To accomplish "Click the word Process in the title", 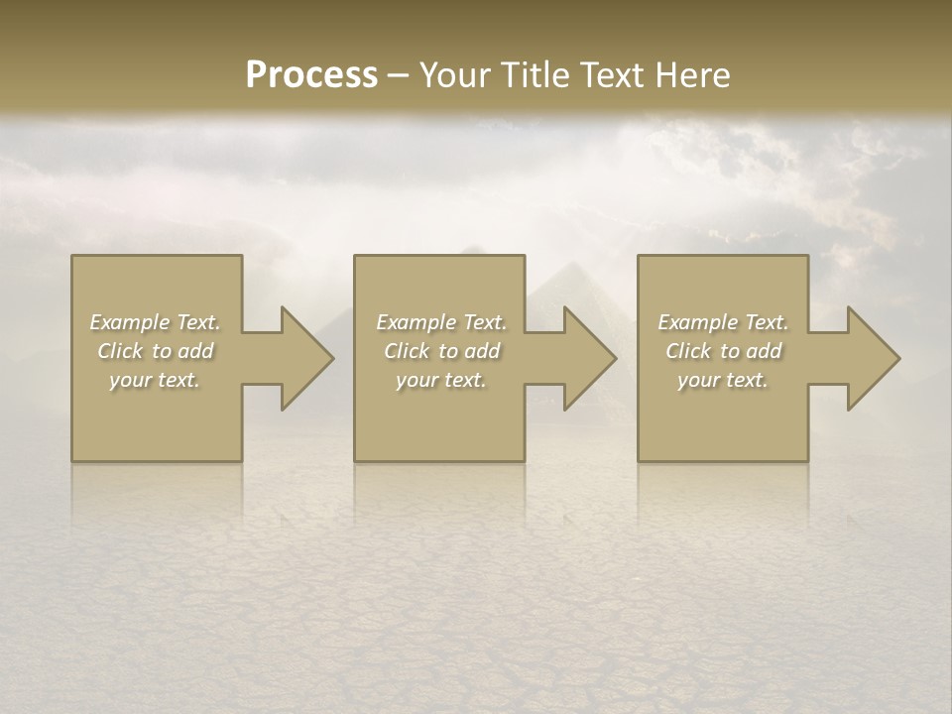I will pyautogui.click(x=311, y=74).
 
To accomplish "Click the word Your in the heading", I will pyautogui.click(x=455, y=74).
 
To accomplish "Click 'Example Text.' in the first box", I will pyautogui.click(x=155, y=322).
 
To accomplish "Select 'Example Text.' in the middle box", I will pyautogui.click(x=441, y=322).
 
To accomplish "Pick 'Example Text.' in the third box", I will pyautogui.click(x=723, y=322).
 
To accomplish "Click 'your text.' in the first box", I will pyautogui.click(x=155, y=380).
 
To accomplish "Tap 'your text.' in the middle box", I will pyautogui.click(x=441, y=380).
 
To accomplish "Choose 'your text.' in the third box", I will pyautogui.click(x=723, y=380).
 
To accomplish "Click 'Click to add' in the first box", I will pyautogui.click(x=155, y=351).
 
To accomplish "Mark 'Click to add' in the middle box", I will pyautogui.click(x=441, y=351).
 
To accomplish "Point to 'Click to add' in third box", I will pyautogui.click(x=723, y=351).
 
